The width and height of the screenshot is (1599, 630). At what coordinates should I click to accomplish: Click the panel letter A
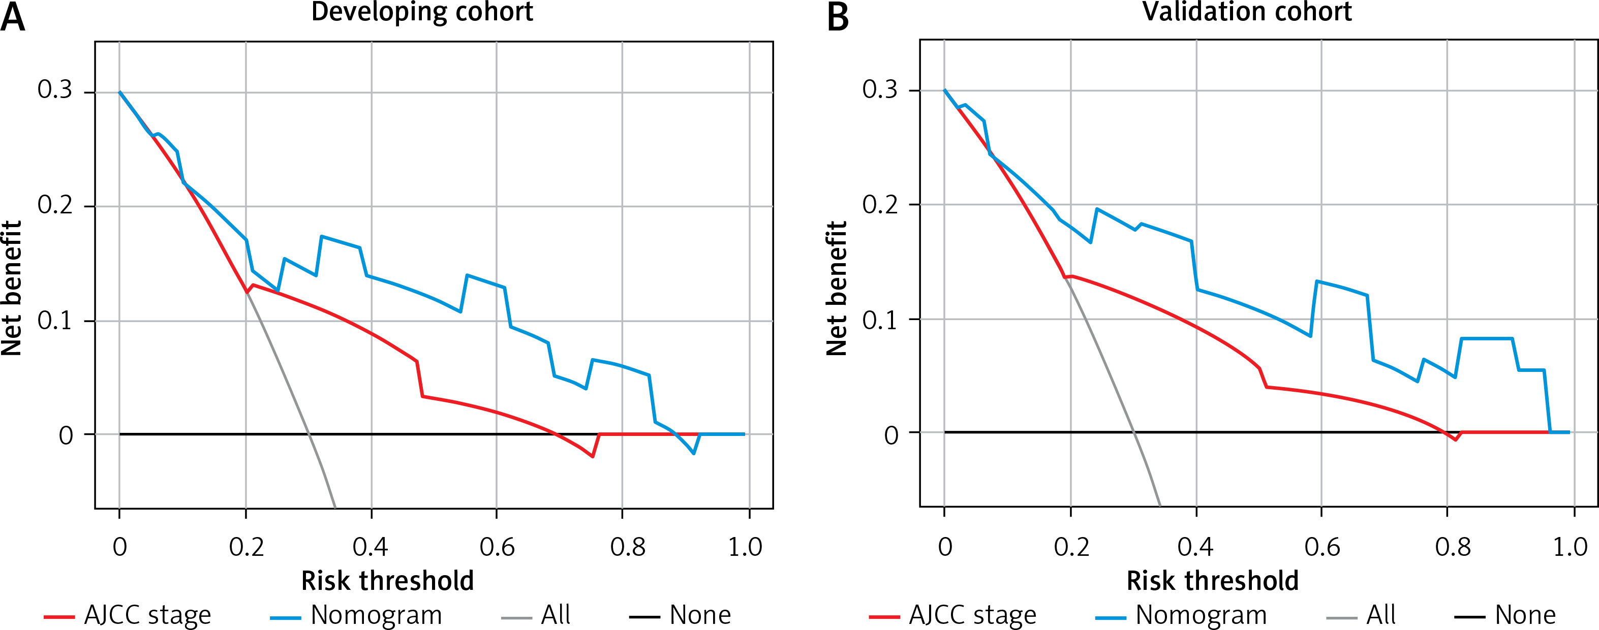pyautogui.click(x=14, y=17)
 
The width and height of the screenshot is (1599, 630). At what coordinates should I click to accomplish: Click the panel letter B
pyautogui.click(x=838, y=17)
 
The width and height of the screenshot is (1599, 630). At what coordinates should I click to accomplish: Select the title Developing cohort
pyautogui.click(x=422, y=12)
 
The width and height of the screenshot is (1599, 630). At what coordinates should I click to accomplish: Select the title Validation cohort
pyautogui.click(x=1247, y=12)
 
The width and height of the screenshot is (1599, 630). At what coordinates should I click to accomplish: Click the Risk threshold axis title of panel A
pyautogui.click(x=387, y=581)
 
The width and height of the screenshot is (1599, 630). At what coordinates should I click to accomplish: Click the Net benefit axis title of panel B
pyautogui.click(x=836, y=288)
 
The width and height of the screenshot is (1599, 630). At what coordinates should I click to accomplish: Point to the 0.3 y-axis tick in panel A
pyautogui.click(x=54, y=90)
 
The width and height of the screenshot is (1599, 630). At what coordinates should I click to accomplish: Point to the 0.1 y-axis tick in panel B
pyautogui.click(x=880, y=320)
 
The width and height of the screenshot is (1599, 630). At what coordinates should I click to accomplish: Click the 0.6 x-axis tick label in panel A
pyautogui.click(x=497, y=547)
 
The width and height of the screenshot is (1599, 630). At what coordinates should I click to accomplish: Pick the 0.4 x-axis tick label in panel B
pyautogui.click(x=1195, y=547)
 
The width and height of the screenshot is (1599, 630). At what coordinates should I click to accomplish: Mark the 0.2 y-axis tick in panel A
pyautogui.click(x=54, y=205)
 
